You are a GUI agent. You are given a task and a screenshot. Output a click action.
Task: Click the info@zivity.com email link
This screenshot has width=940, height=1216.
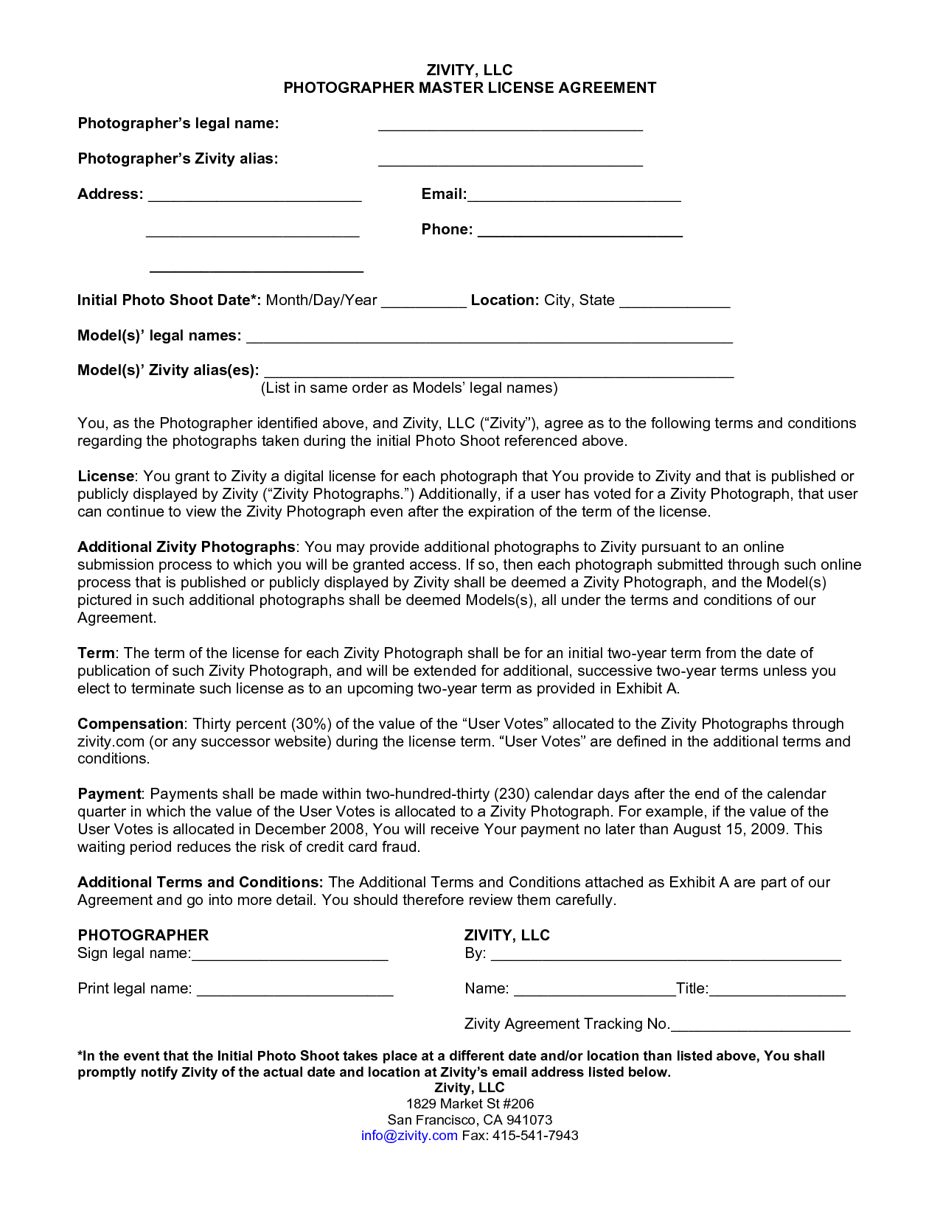409,1136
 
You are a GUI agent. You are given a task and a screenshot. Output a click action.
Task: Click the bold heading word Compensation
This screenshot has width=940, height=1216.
130,724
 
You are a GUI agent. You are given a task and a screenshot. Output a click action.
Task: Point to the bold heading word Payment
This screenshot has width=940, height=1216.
109,794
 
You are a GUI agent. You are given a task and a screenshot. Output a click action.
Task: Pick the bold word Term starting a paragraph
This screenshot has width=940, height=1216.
96,653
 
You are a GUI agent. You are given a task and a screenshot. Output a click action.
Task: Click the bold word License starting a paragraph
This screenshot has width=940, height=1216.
106,476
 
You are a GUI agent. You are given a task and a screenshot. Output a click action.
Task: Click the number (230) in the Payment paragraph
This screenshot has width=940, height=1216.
512,794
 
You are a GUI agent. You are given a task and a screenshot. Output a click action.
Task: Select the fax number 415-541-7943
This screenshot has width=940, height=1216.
535,1136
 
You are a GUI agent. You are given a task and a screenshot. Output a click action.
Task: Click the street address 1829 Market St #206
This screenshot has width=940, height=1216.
470,1104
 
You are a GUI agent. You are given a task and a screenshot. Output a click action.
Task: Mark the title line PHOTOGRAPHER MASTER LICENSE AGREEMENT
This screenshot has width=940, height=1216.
470,88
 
